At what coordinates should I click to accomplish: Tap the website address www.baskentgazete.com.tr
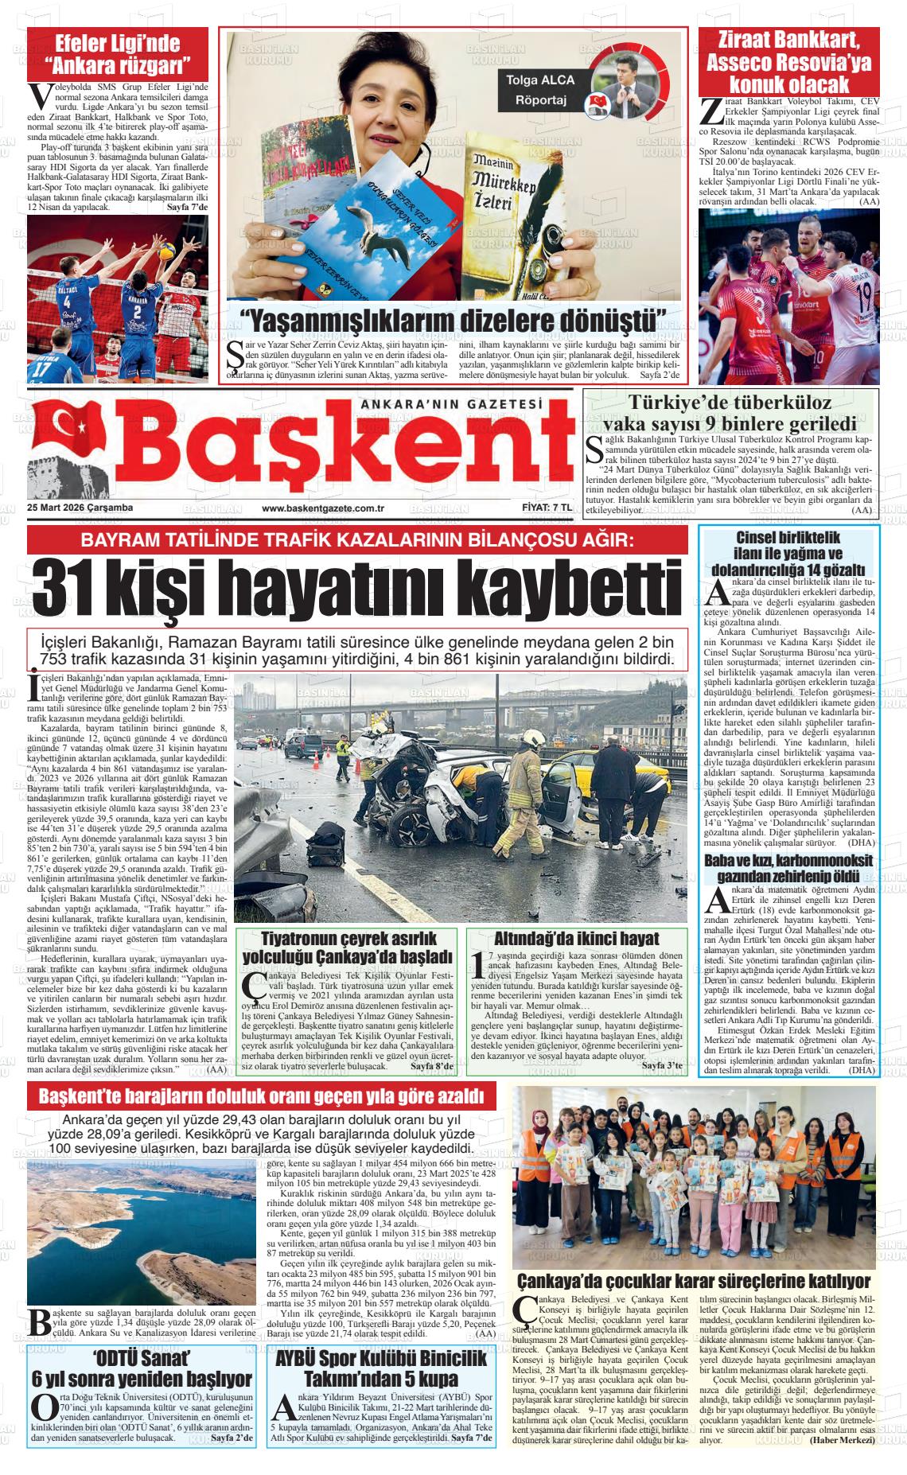(x=323, y=508)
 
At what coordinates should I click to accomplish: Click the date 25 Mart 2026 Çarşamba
(x=80, y=508)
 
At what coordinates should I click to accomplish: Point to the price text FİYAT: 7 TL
(x=547, y=508)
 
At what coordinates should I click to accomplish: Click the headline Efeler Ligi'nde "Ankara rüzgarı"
(x=118, y=53)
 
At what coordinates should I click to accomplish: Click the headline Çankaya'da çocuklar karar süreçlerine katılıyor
(x=694, y=1282)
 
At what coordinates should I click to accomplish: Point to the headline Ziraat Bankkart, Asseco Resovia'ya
(x=788, y=61)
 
